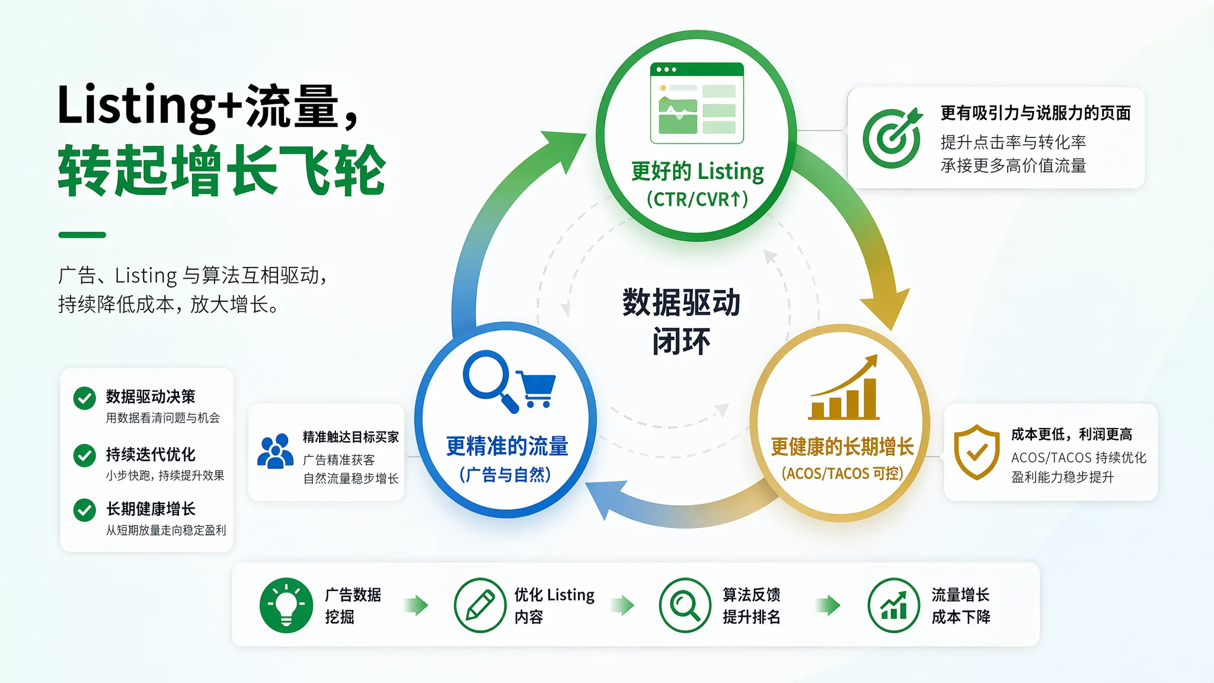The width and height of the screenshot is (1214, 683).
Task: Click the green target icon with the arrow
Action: pyautogui.click(x=892, y=138)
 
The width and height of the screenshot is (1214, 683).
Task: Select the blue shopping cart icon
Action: pyautogui.click(x=536, y=389)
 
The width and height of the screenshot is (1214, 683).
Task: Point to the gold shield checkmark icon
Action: pyautogui.click(x=977, y=452)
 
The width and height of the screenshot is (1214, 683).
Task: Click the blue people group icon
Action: pyautogui.click(x=275, y=451)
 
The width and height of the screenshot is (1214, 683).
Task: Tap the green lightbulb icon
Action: pyautogui.click(x=286, y=605)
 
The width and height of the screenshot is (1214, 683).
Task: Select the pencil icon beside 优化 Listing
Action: pyautogui.click(x=480, y=605)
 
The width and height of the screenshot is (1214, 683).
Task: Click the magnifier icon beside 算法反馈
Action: pyautogui.click(x=685, y=605)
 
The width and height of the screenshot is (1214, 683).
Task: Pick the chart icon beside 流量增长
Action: pyautogui.click(x=894, y=605)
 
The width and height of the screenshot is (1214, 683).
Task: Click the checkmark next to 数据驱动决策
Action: pyautogui.click(x=85, y=398)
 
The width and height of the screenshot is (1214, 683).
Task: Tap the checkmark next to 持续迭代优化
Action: pyautogui.click(x=85, y=455)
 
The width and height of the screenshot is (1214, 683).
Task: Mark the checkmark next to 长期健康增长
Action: pyautogui.click(x=85, y=510)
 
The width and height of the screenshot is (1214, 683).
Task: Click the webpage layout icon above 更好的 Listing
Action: pyautogui.click(x=697, y=103)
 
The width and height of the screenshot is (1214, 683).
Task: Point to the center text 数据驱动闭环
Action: pyautogui.click(x=682, y=321)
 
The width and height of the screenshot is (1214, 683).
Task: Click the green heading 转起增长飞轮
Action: pyautogui.click(x=222, y=171)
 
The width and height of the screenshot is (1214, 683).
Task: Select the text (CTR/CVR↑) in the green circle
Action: pyautogui.click(x=697, y=199)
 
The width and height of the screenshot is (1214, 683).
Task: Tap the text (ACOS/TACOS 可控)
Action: pyautogui.click(x=842, y=473)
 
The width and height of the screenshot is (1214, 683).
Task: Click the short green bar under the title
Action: pyautogui.click(x=82, y=235)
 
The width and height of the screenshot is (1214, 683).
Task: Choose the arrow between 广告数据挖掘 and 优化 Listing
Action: pyautogui.click(x=416, y=605)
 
